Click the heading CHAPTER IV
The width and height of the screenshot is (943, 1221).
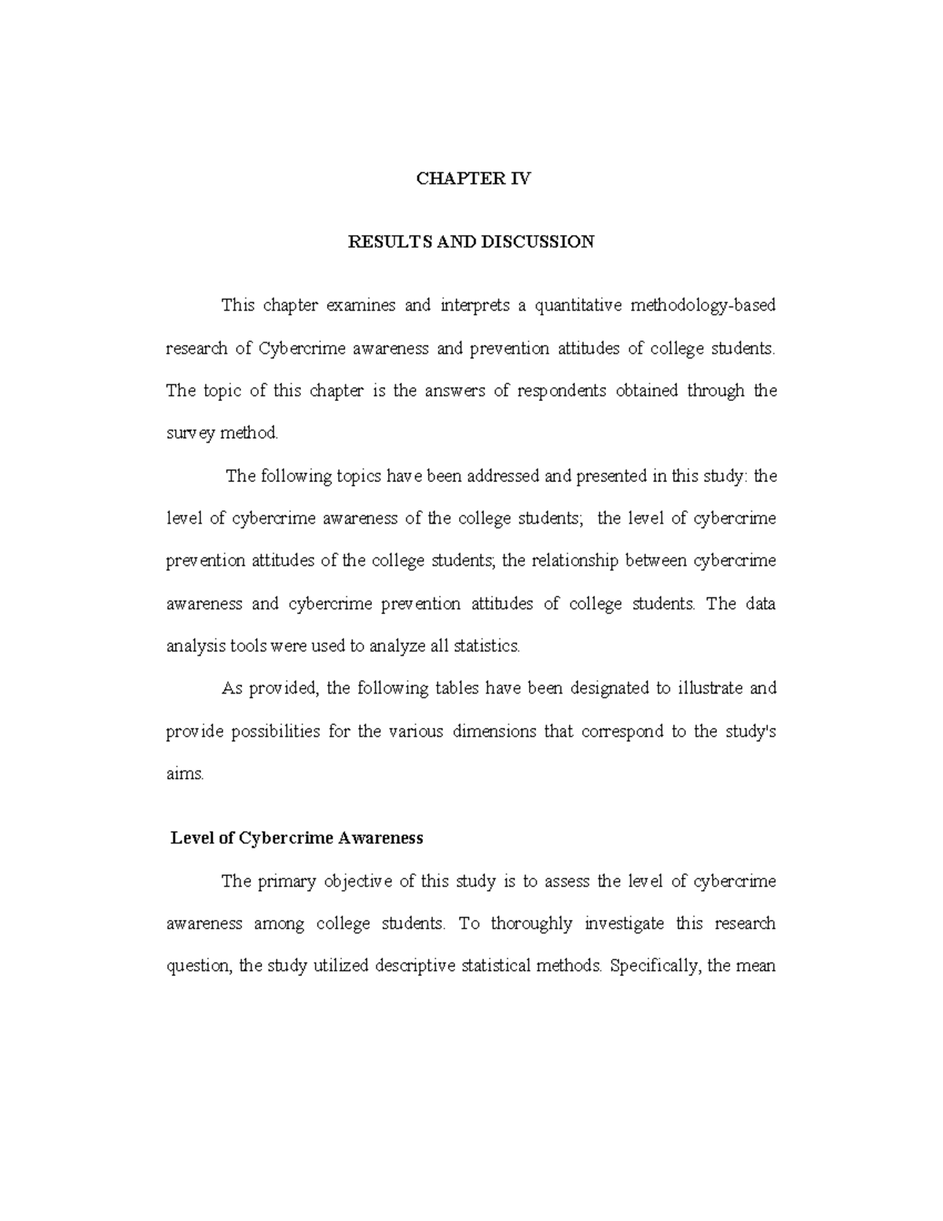point(473,179)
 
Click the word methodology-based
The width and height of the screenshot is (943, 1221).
point(703,306)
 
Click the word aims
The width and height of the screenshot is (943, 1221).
point(185,774)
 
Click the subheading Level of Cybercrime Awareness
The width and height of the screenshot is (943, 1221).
point(297,838)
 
